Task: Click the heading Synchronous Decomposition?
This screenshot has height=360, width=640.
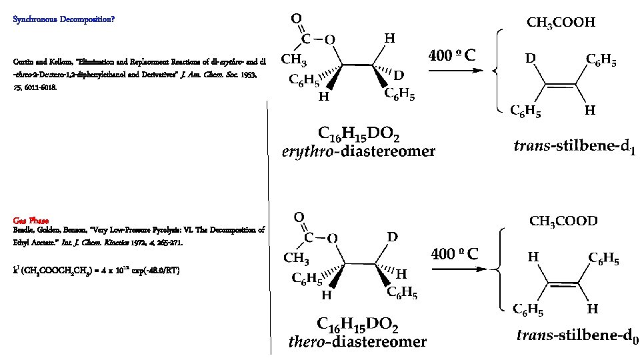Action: [64, 19]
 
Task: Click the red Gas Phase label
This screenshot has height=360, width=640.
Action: [29, 221]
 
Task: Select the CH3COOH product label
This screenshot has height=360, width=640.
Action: [561, 23]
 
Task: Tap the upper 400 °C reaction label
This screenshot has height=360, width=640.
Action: [452, 55]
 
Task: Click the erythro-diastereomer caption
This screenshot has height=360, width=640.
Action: [358, 151]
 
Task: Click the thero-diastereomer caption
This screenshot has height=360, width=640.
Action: [357, 343]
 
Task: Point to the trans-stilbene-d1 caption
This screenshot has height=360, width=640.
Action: [575, 146]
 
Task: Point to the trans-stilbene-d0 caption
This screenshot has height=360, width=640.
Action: [577, 336]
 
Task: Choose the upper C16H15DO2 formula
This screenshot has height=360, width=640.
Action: [359, 135]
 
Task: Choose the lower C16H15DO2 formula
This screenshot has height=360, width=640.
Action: [357, 325]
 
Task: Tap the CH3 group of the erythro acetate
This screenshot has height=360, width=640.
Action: [294, 61]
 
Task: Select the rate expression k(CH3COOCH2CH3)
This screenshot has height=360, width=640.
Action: [96, 270]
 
